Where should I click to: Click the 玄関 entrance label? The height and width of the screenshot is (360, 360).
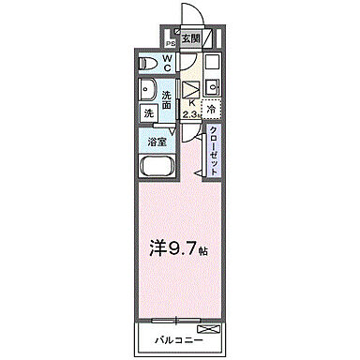click(190, 39)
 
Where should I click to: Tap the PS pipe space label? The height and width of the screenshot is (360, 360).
click(171, 43)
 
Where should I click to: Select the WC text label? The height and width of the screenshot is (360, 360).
click(168, 63)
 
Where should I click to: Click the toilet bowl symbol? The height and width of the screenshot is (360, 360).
click(147, 63)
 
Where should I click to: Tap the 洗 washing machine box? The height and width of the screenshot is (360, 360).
click(148, 113)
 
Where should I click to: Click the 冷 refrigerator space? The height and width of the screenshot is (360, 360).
click(211, 108)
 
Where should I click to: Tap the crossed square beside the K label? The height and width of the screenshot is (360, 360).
click(192, 89)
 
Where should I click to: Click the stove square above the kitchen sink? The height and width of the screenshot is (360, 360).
click(210, 63)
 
